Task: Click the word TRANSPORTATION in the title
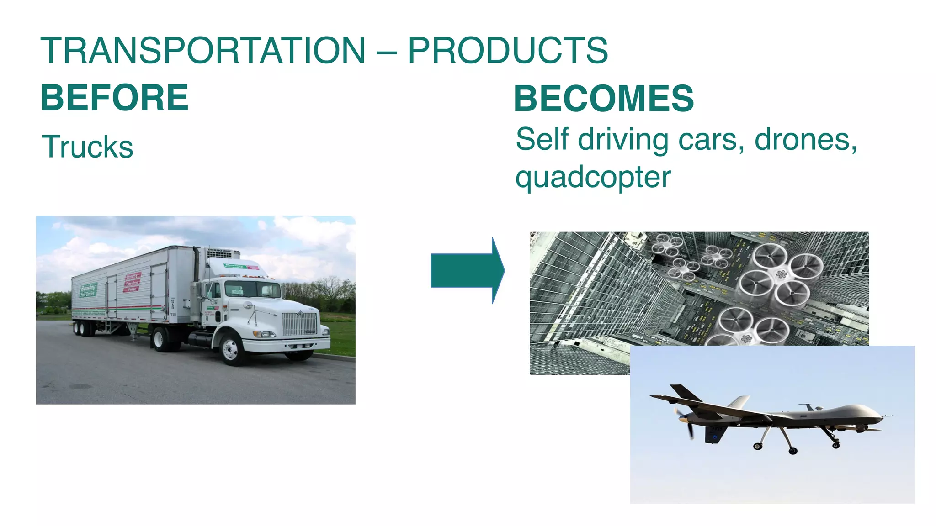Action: click(203, 50)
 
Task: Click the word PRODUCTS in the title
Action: click(507, 50)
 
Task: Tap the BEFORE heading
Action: click(114, 98)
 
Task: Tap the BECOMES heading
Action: click(603, 99)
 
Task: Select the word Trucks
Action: click(87, 147)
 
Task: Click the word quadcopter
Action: click(593, 177)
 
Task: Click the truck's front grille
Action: click(299, 324)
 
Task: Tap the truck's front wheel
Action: click(231, 349)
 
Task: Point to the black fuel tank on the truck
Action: click(200, 340)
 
